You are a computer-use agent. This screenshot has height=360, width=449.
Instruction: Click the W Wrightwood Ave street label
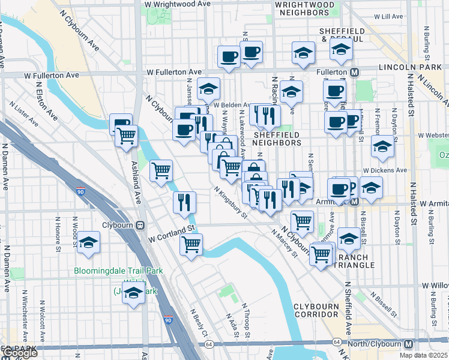coord(177,4)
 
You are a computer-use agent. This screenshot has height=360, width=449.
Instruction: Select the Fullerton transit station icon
coord(355,72)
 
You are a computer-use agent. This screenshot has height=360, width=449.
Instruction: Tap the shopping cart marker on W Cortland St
coord(191,244)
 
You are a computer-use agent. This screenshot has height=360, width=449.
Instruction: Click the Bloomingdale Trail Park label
coord(118,271)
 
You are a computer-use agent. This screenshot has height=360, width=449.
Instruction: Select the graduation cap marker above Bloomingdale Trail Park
coord(88,242)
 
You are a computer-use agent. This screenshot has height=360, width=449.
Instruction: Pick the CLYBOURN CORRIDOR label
coord(316,310)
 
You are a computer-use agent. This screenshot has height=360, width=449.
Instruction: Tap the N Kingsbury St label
coord(231,202)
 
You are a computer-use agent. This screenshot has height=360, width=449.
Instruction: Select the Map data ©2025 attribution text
coord(424,355)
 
